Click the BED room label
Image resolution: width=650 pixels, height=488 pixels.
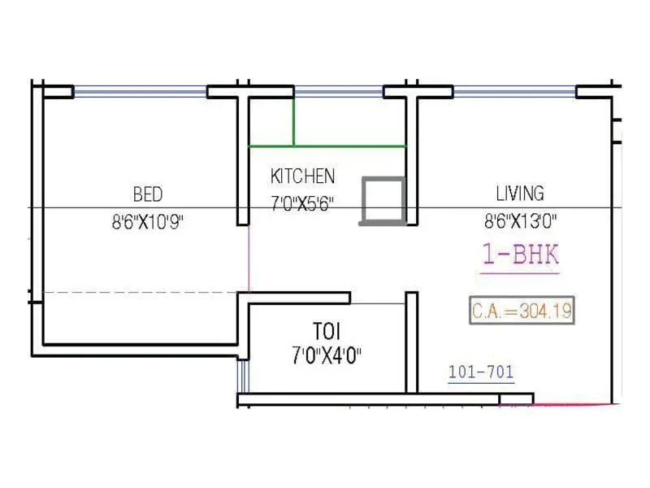click(x=148, y=194)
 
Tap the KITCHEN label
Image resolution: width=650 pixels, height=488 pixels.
click(x=302, y=176)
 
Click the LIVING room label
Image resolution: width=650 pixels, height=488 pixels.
click(x=520, y=194)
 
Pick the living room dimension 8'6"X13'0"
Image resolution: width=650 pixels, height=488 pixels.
click(x=520, y=220)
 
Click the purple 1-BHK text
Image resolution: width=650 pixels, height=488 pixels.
click(x=521, y=255)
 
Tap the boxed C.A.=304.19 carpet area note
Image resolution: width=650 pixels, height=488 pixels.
click(x=521, y=310)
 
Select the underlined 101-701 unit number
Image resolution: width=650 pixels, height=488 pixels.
click(x=481, y=373)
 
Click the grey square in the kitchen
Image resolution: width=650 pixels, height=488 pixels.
click(x=383, y=200)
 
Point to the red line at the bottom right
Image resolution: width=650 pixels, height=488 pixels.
click(x=573, y=403)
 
